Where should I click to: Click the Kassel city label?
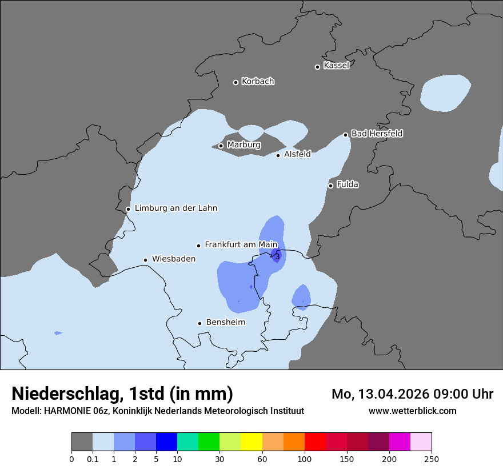336,66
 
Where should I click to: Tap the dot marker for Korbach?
235,82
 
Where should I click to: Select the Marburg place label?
243,145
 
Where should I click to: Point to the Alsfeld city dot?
278,155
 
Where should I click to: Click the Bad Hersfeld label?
377,134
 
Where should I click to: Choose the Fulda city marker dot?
330,186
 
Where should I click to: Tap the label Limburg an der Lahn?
175,208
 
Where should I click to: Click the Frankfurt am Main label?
241,244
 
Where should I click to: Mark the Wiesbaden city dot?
146,260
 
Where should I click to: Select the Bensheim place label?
225,323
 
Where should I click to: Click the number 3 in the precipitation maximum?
277,257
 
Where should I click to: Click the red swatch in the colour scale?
315,442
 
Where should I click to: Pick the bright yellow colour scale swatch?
251,442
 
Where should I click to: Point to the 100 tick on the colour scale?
305,459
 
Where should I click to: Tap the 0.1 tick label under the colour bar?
93,459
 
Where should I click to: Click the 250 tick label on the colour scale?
432,459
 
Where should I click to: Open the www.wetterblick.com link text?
412,411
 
